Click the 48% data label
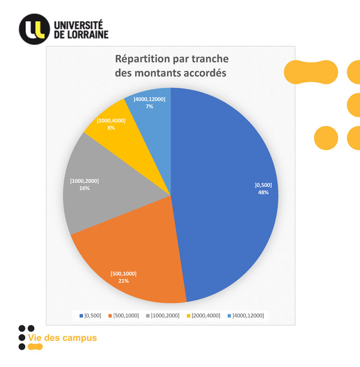263,192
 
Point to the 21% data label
124,281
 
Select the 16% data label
84,188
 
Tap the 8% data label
111,128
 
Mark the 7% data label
149,107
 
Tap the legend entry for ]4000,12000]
246,315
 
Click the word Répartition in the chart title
141,59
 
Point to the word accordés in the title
205,72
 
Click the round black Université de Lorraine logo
34,29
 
